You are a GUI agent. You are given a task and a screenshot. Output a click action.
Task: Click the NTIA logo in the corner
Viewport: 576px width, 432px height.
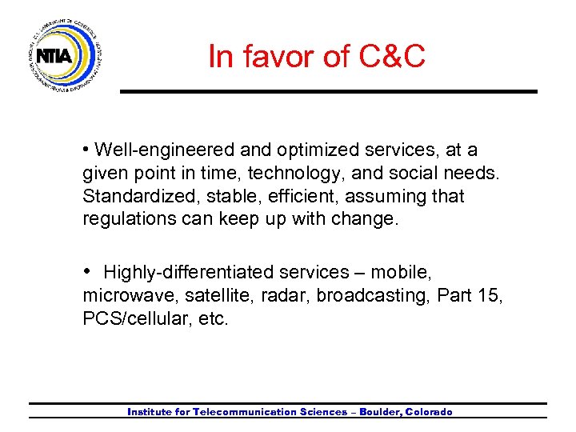65,55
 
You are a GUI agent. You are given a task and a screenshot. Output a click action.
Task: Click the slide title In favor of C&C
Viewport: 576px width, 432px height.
317,57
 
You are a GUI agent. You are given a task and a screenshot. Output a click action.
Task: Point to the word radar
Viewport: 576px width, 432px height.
288,296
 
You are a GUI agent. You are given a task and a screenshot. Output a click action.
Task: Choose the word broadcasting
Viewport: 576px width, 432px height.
373,296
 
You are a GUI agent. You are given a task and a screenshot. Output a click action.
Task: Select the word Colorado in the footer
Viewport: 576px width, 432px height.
429,412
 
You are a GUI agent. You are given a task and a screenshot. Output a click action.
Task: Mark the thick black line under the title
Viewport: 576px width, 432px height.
328,91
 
